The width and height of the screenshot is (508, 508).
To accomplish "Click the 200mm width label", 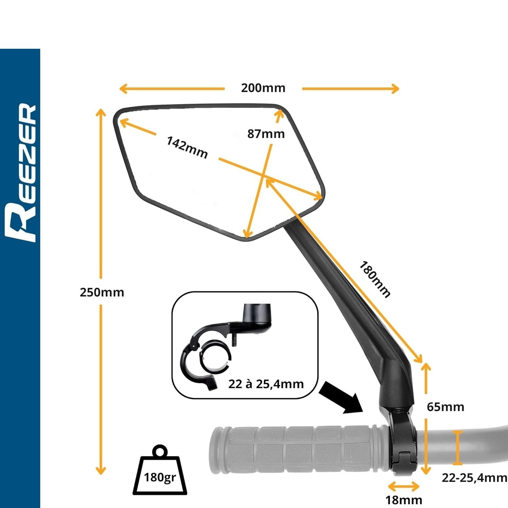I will tap(263, 88).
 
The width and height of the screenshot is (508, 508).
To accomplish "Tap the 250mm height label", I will tap(102, 292).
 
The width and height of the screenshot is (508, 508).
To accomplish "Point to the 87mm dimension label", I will tap(266, 134).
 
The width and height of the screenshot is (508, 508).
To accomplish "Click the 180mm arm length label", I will tap(375, 279).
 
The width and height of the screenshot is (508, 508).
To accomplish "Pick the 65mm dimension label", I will tap(445, 407).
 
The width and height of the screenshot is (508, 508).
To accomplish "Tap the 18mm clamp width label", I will tap(404, 500).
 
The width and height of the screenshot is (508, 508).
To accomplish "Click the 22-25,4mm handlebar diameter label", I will tap(474, 478).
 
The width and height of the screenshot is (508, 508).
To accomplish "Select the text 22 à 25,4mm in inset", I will tap(266, 384).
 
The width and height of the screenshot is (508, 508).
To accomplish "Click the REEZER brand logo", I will tap(21, 173).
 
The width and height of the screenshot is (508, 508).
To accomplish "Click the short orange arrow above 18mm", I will tap(403, 487).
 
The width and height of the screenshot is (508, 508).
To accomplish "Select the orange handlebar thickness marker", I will tap(458, 448).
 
